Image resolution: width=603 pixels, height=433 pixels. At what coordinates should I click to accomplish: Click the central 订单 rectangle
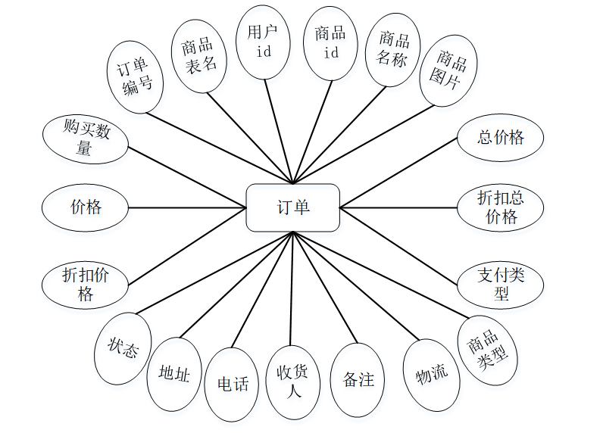coord(292,207)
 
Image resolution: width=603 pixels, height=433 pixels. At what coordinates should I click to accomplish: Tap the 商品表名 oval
coord(199,56)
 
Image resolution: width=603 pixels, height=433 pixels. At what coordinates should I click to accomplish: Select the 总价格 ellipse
coord(501,138)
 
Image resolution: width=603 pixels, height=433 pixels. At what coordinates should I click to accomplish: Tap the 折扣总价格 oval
coord(501,207)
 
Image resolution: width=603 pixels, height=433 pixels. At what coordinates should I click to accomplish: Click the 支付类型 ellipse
coord(501,283)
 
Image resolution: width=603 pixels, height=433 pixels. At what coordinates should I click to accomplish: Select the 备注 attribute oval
coord(358,380)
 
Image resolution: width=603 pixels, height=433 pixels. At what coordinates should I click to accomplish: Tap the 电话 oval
coord(233,385)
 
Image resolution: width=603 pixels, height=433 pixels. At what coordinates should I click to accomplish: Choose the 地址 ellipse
coord(174,374)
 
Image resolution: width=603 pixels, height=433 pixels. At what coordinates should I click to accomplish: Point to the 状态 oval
coord(123,348)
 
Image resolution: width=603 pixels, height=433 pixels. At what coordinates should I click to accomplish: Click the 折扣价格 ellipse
coord(85,284)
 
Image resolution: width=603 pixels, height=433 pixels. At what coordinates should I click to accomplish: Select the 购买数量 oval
coord(85,139)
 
